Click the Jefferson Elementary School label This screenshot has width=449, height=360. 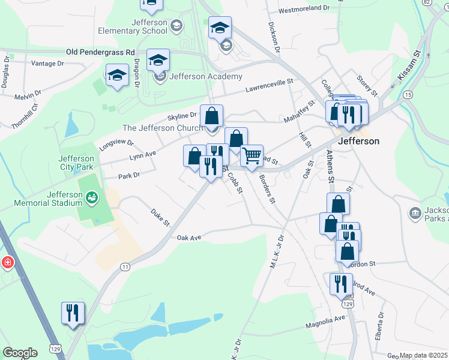(131, 26)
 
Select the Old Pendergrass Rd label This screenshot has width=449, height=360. (100, 53)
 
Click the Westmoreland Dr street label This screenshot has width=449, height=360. (304, 10)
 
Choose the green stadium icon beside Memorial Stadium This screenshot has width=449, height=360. (91, 196)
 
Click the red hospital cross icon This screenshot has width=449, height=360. (8, 263)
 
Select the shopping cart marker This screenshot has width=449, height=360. (252, 156)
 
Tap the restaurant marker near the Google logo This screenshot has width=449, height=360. (73, 313)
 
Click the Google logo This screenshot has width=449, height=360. (20, 353)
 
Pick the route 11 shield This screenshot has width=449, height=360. (125, 266)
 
